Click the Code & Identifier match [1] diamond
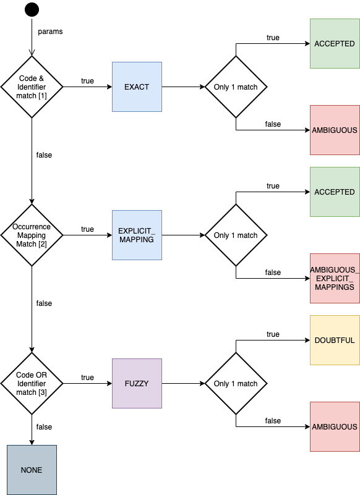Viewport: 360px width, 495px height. point(32,87)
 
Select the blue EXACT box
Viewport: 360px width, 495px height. point(137,87)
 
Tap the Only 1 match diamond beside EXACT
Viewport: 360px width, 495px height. point(236,87)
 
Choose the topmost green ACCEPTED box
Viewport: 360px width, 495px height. point(335,44)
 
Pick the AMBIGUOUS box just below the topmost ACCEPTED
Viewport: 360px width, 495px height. point(335,130)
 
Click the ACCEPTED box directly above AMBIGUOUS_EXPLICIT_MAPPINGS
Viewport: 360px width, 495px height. point(335,192)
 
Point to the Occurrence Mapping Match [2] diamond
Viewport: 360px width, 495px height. point(32,235)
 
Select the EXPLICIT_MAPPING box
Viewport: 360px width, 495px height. point(137,235)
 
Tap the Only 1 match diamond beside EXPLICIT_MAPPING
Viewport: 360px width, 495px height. point(236,235)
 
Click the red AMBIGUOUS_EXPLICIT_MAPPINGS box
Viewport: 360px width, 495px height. point(335,279)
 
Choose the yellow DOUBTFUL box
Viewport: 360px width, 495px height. point(335,341)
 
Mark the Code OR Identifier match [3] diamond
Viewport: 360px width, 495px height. point(32,384)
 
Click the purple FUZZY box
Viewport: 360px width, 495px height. point(137,384)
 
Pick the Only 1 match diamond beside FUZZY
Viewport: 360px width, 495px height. point(236,384)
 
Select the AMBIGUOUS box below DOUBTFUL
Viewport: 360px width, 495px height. point(335,427)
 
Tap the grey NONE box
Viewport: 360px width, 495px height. point(32,470)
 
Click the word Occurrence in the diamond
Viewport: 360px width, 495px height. point(32,227)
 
